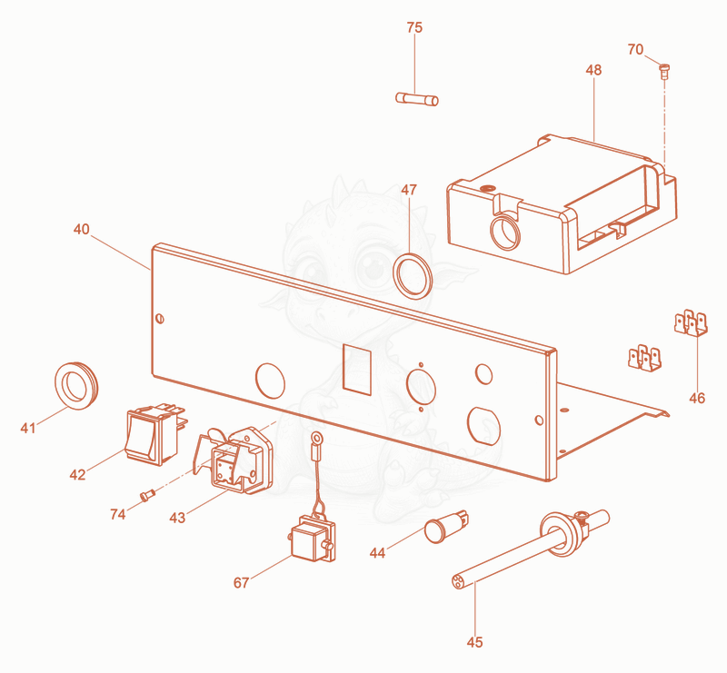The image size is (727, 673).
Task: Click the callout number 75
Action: coord(414,28)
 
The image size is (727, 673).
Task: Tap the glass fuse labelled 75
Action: coord(417,99)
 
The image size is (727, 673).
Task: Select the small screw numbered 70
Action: coord(665,72)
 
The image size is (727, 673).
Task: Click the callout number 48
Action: coord(593,70)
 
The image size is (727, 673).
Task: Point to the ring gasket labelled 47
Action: coord(413,276)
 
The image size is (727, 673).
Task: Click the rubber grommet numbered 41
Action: coord(76,386)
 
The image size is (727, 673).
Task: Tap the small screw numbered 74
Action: coord(147,496)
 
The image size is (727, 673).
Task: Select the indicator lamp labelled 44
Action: coord(446,527)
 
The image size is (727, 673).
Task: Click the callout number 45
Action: coord(474,642)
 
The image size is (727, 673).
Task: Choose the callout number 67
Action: coord(241,583)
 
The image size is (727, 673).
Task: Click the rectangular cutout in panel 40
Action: coord(357,370)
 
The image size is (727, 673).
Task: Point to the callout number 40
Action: coord(81,230)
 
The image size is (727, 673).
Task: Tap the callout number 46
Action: coord(697,398)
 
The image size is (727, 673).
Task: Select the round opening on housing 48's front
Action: coord(505,233)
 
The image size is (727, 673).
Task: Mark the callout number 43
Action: coord(177,518)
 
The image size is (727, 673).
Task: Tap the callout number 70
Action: coord(635,49)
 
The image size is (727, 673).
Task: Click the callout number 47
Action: coord(409,190)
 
